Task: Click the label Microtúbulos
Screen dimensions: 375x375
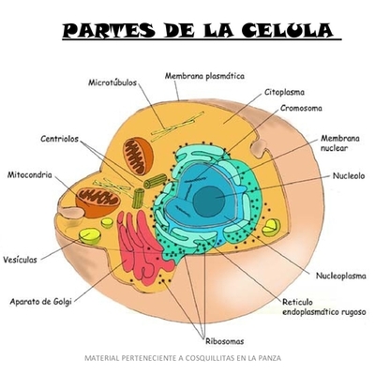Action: click(112, 82)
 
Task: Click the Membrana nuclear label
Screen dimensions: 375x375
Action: click(338, 142)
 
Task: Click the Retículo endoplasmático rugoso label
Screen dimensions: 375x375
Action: click(323, 307)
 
